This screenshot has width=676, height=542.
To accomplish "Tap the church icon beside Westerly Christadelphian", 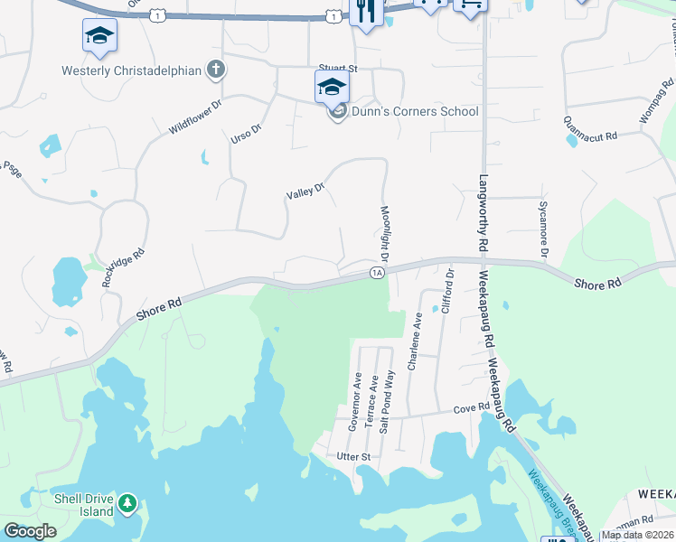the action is (215, 69).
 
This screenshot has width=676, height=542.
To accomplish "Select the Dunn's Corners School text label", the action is (415, 112).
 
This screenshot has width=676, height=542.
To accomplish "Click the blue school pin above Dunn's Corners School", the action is (332, 87).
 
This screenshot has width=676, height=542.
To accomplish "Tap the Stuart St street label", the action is (339, 68).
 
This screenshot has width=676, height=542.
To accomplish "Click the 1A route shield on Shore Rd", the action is (377, 272).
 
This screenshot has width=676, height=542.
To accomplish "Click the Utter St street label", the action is (353, 457).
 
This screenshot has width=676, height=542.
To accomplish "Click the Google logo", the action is (30, 531).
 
